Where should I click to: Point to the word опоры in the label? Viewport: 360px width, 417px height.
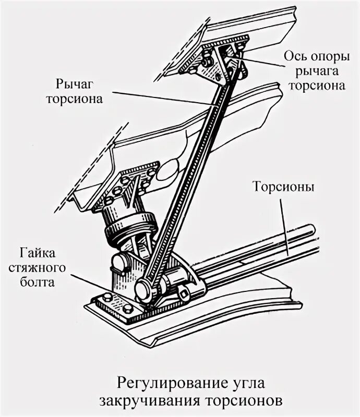click(327, 56)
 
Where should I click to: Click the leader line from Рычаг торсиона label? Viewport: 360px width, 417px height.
click(157, 97)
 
